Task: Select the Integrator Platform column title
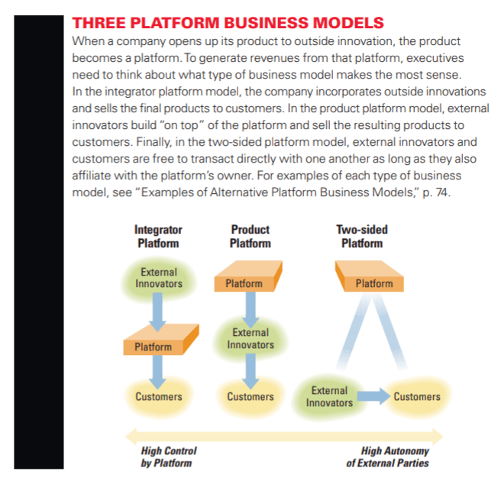158,237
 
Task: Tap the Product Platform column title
250,237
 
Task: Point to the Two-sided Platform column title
361,237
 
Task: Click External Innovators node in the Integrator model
159,278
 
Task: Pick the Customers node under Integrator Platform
159,396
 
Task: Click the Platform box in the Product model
244,283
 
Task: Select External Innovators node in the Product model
250,338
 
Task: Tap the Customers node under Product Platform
250,396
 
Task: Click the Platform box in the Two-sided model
374,283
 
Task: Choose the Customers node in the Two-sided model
417,396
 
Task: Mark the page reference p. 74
439,193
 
